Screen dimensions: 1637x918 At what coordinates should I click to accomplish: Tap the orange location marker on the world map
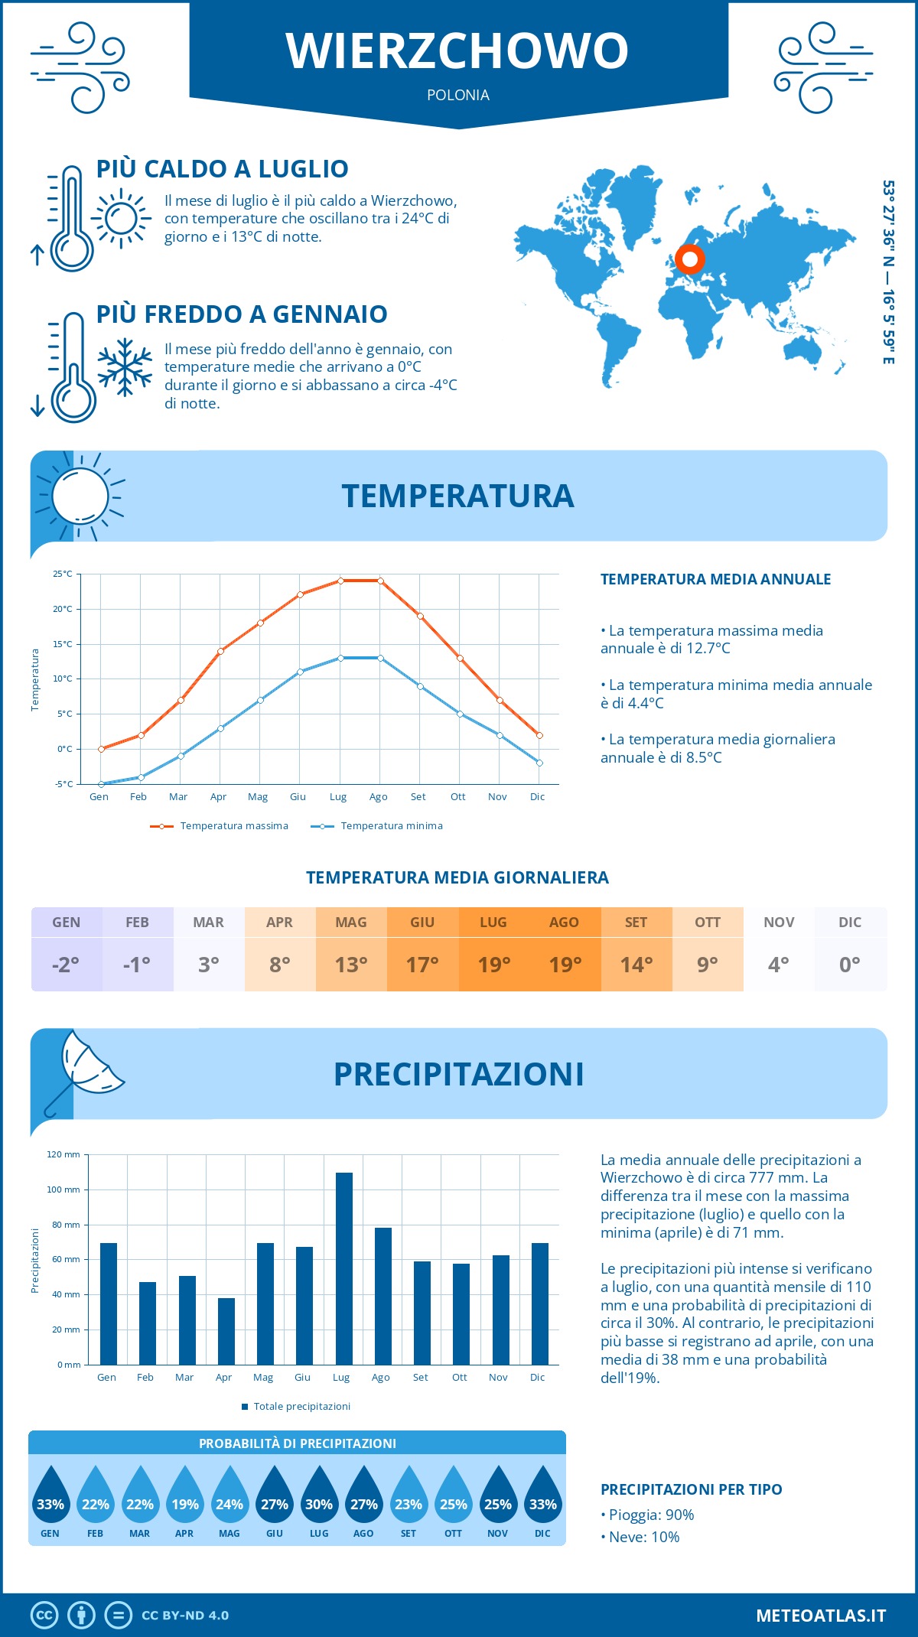pos(690,259)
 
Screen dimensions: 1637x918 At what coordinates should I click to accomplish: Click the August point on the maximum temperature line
pos(380,581)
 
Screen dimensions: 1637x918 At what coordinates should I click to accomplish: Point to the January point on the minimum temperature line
pos(101,784)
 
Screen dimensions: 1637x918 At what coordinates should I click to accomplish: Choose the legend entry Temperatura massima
pos(220,826)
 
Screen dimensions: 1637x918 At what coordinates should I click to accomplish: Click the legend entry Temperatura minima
pos(378,826)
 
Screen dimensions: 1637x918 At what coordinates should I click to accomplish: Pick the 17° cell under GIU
pos(422,965)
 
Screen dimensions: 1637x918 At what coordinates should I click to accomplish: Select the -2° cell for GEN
pos(67,965)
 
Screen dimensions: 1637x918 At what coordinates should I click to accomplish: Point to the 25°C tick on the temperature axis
pos(63,574)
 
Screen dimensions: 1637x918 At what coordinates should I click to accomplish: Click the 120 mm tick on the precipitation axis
pos(63,1154)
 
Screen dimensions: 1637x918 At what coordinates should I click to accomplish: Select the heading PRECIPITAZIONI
pos(458,1074)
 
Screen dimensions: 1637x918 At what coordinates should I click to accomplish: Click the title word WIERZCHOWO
pos(457,51)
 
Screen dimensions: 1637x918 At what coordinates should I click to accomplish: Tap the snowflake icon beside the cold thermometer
pos(125,367)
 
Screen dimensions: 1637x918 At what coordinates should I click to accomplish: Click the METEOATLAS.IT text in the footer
pos(821,1616)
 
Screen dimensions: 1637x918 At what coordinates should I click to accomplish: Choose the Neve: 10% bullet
pos(641,1537)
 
